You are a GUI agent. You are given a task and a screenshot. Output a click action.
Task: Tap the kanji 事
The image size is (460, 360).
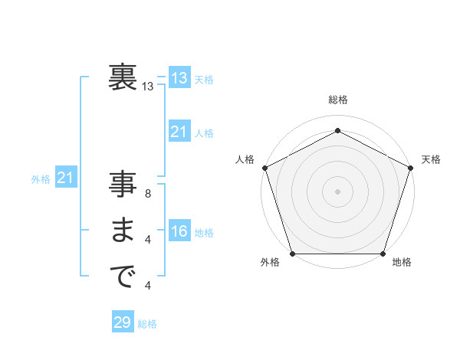click(122, 186)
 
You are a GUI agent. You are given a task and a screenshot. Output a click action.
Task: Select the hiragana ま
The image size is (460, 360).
click(122, 231)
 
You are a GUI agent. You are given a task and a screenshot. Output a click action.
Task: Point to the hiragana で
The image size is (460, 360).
click(122, 276)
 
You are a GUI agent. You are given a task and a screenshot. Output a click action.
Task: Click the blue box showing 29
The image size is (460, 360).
click(123, 322)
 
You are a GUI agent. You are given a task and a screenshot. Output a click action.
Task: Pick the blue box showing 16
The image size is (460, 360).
click(179, 232)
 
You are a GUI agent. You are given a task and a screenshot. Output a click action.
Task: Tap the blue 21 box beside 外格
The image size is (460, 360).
click(65, 178)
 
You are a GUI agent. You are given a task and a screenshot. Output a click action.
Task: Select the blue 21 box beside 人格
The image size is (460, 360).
click(179, 133)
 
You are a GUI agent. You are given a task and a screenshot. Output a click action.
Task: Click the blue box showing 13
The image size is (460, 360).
click(179, 79)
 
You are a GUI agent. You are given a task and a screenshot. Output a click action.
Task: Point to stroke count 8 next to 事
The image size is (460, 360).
click(148, 194)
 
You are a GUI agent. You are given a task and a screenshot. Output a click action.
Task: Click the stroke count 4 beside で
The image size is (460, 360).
click(148, 286)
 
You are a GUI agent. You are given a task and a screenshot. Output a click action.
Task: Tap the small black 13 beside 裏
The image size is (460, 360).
click(148, 87)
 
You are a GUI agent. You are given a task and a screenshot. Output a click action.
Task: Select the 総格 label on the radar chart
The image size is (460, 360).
click(338, 100)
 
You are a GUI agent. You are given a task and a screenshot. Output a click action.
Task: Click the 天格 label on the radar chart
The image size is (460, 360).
click(431, 159)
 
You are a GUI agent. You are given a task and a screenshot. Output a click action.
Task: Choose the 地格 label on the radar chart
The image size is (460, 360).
click(402, 262)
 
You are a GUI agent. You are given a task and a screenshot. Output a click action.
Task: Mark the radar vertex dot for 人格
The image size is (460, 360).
click(265, 168)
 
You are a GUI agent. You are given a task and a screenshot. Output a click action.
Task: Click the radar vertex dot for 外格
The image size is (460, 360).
click(293, 254)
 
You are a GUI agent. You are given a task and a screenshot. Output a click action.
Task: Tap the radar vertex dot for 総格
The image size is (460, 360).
click(338, 131)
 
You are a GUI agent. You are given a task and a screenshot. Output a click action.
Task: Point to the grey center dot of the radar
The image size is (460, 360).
click(338, 191)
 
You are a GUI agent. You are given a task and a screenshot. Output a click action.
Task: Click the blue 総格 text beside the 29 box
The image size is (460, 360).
click(147, 324)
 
